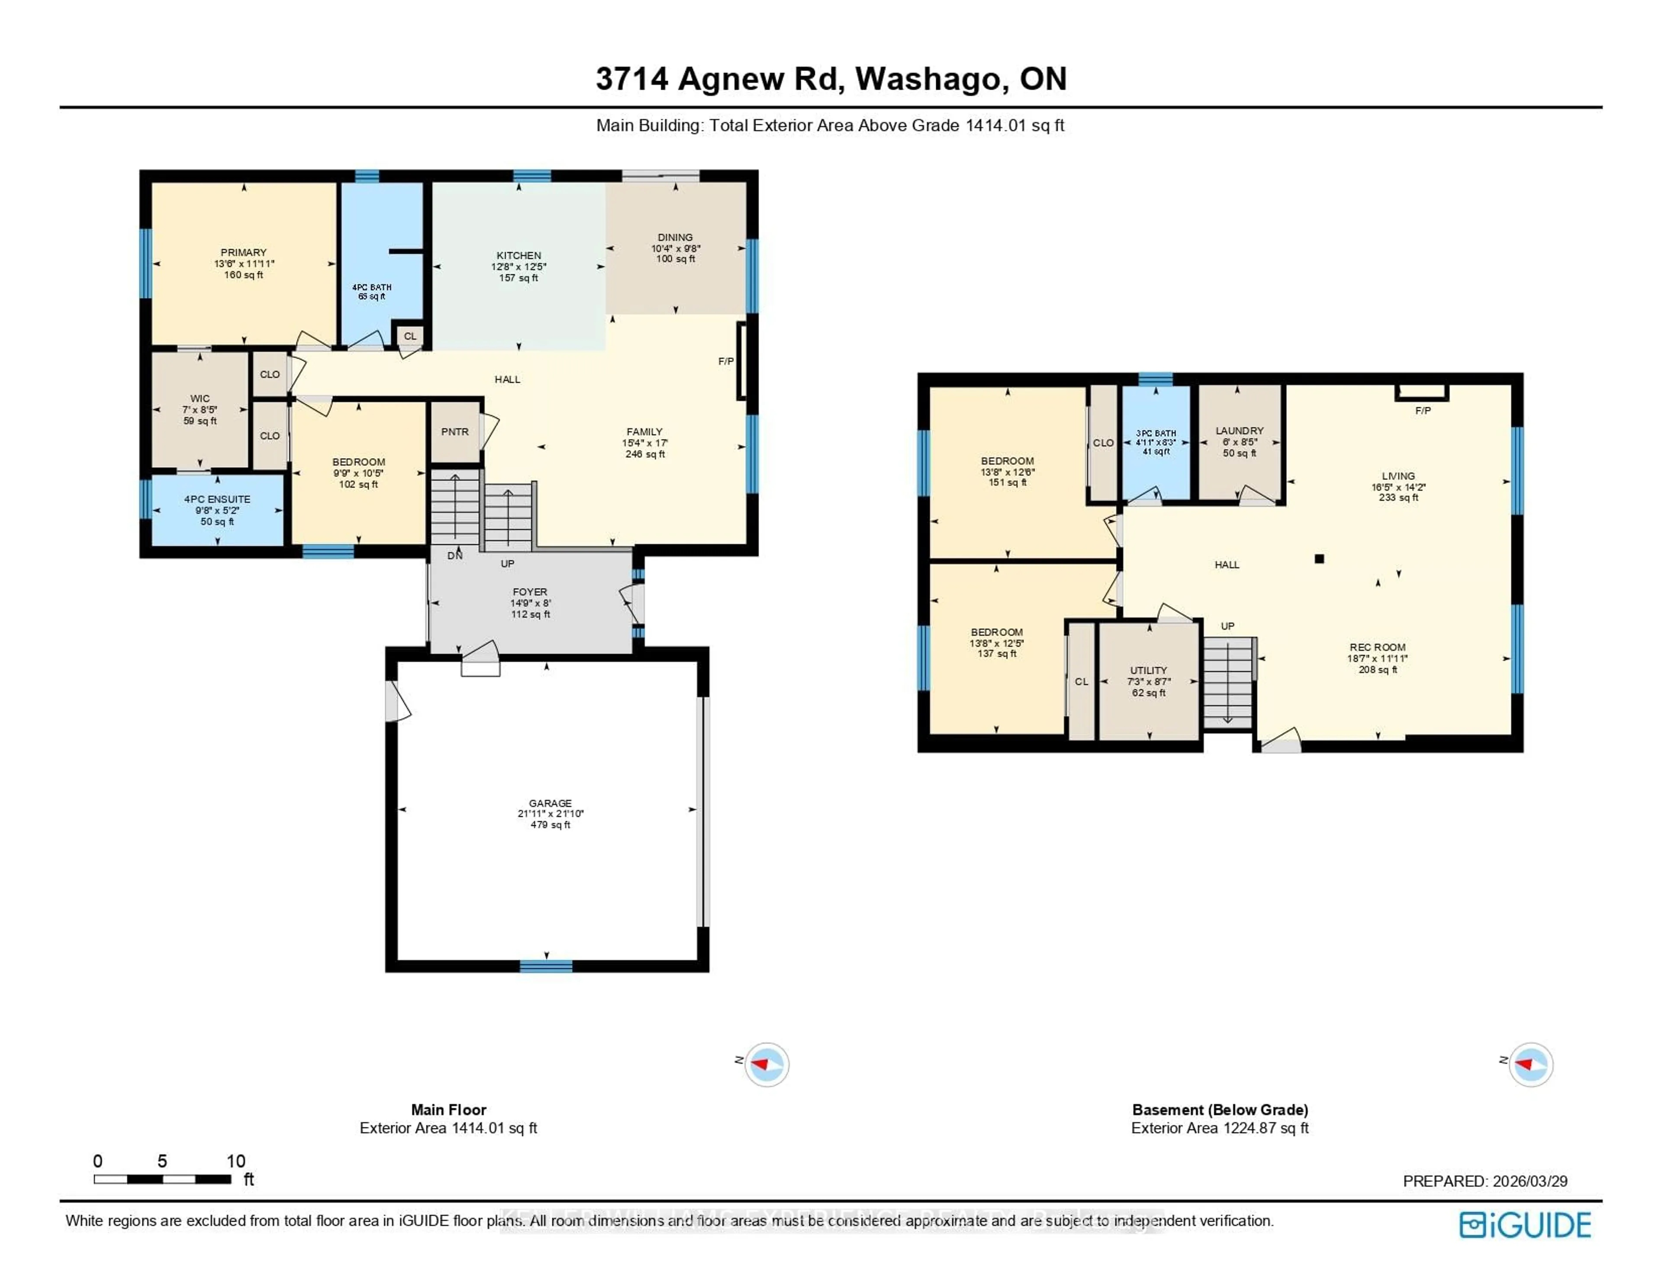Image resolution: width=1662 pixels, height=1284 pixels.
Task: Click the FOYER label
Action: click(530, 592)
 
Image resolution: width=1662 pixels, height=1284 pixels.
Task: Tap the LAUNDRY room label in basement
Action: click(1239, 431)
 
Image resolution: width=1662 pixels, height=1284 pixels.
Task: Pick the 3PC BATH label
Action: click(1156, 433)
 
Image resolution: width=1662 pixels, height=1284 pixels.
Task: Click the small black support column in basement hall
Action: click(1320, 559)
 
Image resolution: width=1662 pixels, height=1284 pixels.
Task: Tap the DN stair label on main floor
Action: click(455, 556)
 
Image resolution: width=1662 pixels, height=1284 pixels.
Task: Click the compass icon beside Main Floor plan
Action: click(767, 1064)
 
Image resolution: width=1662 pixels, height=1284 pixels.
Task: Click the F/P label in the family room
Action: click(726, 361)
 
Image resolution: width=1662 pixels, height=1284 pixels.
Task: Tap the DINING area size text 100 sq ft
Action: click(676, 259)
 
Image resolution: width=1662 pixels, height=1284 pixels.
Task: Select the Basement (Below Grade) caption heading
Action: click(1220, 1110)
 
